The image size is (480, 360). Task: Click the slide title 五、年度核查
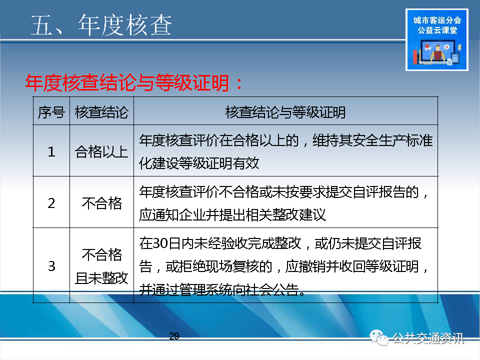point(101,25)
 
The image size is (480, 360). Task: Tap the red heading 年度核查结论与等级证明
point(126,83)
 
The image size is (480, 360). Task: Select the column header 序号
point(51,112)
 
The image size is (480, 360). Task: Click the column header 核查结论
point(101,112)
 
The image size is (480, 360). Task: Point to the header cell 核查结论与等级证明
point(285,112)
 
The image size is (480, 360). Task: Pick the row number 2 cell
point(51,203)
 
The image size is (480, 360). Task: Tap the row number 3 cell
point(51,266)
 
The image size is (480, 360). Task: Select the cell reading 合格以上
point(101,152)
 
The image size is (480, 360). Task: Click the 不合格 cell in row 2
point(102,203)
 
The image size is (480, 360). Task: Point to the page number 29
point(174,336)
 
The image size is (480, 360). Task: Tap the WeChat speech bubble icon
point(379,337)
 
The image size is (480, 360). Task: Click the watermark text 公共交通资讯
point(428,338)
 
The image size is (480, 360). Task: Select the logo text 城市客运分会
point(437,20)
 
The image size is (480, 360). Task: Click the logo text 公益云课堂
point(437,30)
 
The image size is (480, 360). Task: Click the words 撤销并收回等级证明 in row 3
point(352,266)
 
